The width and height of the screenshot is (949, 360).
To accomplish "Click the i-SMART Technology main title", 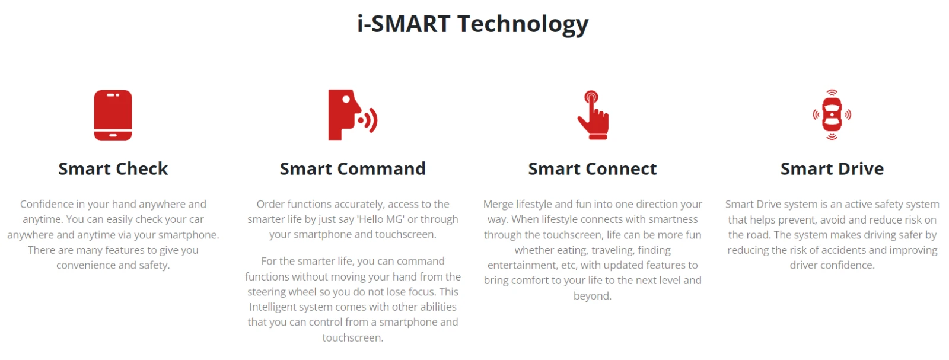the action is pos(473,24).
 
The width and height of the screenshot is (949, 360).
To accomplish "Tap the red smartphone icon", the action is pos(113,115).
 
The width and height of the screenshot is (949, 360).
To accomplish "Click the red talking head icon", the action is pos(352,114).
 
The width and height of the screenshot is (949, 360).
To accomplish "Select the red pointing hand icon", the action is pos(593,115).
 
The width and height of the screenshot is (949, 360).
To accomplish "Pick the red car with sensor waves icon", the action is pos(832,114).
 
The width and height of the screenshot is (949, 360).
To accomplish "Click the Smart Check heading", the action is pos(113,168).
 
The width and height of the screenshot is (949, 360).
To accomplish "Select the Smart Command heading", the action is pos(352,168).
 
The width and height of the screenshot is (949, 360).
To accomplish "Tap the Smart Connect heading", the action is pos(593,168).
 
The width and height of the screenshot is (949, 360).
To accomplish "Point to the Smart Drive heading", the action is pos(832,168).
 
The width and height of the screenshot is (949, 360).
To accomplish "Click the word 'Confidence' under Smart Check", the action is pos(47,204).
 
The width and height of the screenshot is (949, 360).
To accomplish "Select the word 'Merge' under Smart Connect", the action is pos(498,204).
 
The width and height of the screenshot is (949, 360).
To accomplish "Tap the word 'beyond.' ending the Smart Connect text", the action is pos(593,295).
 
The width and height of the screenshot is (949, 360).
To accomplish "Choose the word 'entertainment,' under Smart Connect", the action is pos(522,265).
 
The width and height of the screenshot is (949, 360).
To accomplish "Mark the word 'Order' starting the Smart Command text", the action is pos(270,204).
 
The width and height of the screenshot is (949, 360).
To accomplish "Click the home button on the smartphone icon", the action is pos(113,136).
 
